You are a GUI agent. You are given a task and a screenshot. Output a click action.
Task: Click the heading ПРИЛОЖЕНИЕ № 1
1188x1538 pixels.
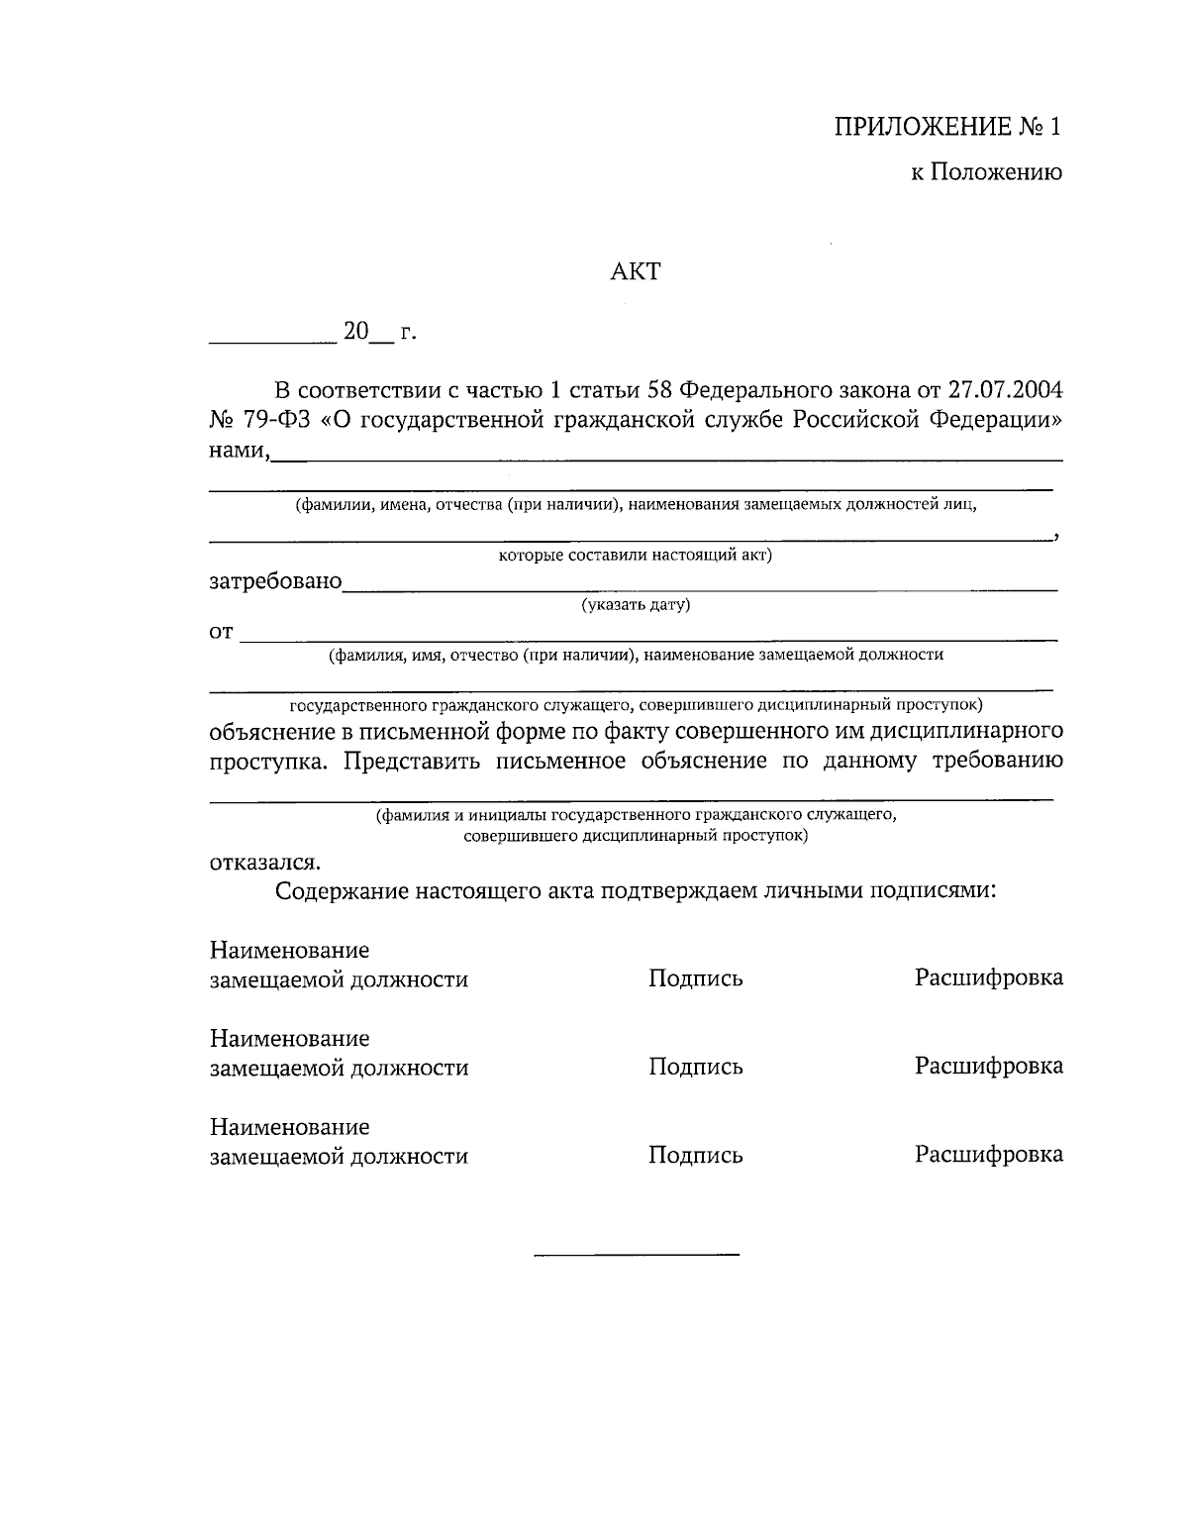pyautogui.click(x=947, y=128)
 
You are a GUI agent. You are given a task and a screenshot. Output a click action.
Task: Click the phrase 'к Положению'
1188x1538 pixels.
pyautogui.click(x=986, y=173)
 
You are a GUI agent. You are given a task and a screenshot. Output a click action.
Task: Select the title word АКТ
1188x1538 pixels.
pyautogui.click(x=635, y=271)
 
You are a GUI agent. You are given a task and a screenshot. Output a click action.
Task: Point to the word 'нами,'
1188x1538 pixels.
pyautogui.click(x=239, y=452)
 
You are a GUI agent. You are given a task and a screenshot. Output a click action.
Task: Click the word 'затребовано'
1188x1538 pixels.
pyautogui.click(x=275, y=581)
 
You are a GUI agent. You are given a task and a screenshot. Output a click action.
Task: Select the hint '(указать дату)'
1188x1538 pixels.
pyautogui.click(x=636, y=605)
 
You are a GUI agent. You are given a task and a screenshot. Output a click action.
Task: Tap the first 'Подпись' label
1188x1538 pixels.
pyautogui.click(x=695, y=978)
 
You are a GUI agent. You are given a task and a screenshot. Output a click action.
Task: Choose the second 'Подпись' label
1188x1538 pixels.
pyautogui.click(x=695, y=1067)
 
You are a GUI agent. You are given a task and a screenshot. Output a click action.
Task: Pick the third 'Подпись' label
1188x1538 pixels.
pyautogui.click(x=695, y=1156)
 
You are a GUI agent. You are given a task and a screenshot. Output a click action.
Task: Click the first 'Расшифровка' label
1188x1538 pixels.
pyautogui.click(x=988, y=978)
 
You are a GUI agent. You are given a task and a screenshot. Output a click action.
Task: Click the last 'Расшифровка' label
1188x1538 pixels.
pyautogui.click(x=988, y=1155)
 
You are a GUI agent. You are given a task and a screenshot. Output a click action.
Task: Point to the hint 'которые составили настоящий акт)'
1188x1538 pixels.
pyautogui.click(x=635, y=555)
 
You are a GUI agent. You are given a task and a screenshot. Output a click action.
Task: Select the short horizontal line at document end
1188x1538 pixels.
pyautogui.click(x=637, y=1256)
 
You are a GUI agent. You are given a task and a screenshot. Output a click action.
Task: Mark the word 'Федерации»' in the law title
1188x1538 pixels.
pyautogui.click(x=996, y=420)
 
